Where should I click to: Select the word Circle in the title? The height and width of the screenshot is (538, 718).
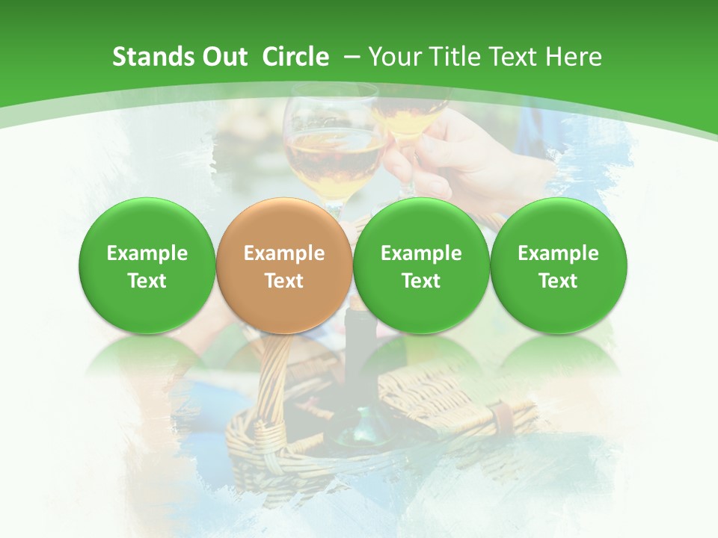click(295, 57)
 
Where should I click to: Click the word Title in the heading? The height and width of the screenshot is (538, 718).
click(451, 57)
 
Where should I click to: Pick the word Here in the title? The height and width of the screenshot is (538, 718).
click(574, 57)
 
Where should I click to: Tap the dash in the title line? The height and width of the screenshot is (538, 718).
click(353, 57)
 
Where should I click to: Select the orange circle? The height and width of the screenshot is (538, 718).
click(284, 266)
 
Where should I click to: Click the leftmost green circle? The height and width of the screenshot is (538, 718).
click(147, 266)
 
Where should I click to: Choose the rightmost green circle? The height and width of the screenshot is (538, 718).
click(558, 266)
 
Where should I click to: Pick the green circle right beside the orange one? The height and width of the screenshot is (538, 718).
click(421, 266)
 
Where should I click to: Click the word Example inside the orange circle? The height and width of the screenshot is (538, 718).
click(284, 253)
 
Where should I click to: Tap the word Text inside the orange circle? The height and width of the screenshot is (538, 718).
click(284, 281)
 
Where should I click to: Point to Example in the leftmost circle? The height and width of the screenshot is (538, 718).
click(147, 253)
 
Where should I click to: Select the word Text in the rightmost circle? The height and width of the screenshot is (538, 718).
click(558, 281)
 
